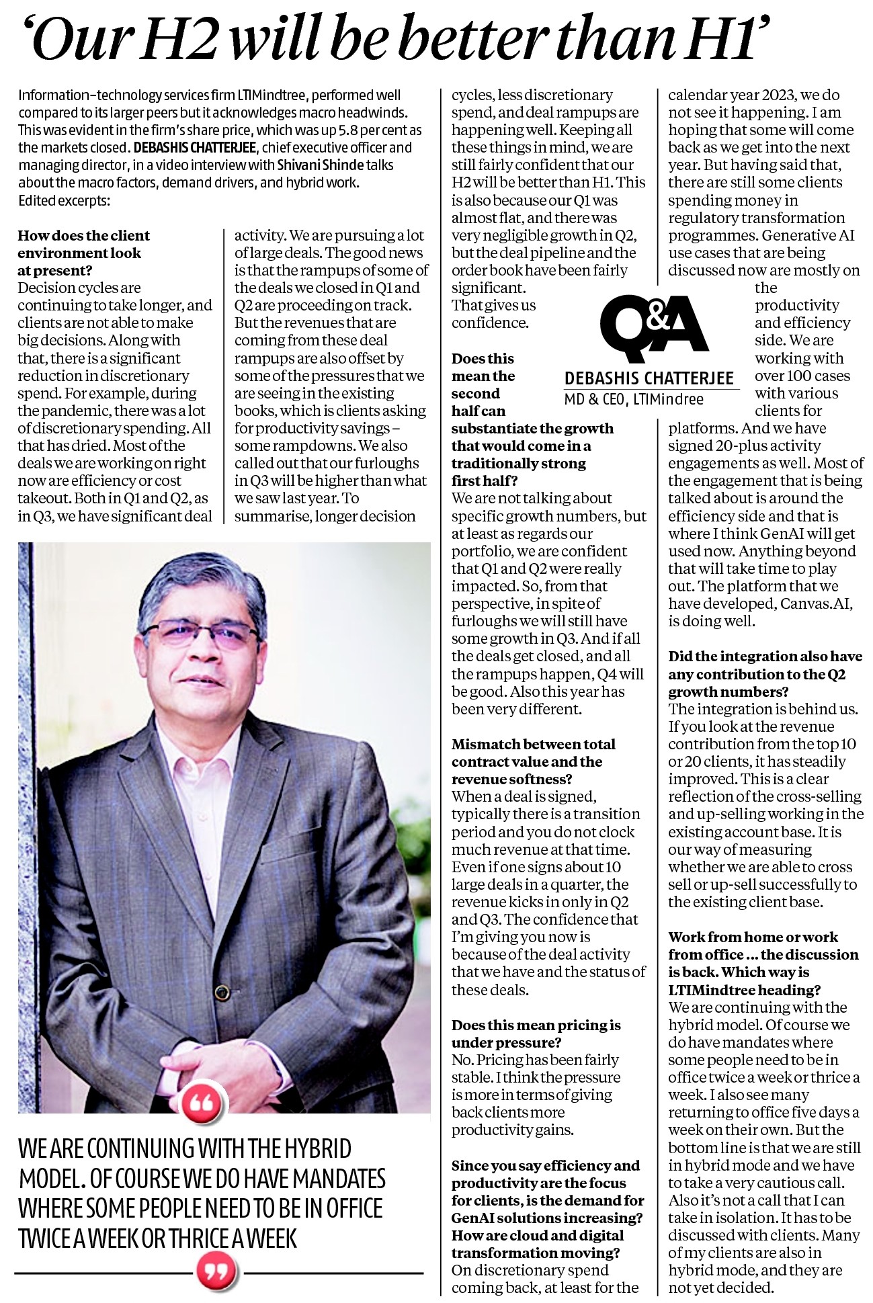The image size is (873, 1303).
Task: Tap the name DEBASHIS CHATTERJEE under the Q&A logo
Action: point(649,378)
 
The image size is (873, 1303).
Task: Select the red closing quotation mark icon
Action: point(219,1270)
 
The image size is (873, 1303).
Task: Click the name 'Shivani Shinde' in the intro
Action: point(318,165)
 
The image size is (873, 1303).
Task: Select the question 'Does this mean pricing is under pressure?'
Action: point(536,1034)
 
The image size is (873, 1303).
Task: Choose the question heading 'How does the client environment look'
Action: point(83,244)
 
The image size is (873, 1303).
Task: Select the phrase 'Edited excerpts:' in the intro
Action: point(64,200)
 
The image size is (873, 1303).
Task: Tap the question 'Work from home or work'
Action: point(753,937)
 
